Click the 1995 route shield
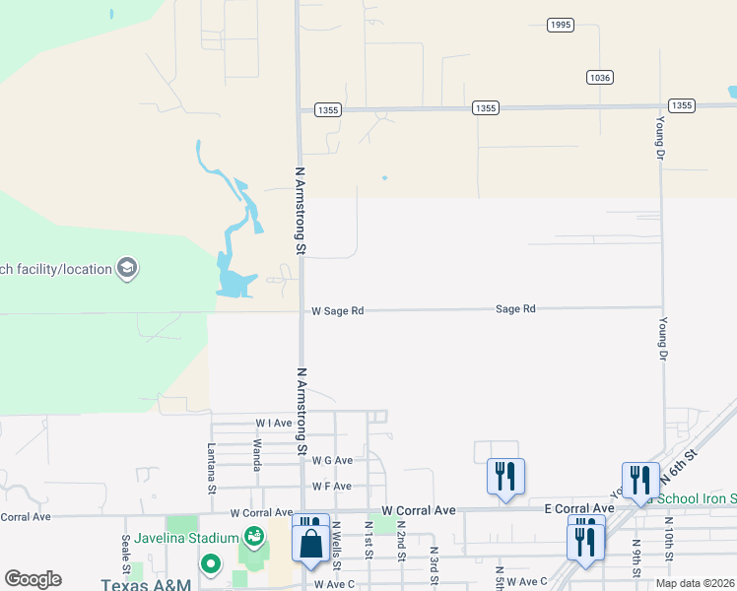[561, 25]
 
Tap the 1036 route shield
[598, 77]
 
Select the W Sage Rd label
[338, 310]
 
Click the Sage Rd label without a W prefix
[515, 309]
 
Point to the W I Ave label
[274, 423]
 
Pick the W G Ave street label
[332, 460]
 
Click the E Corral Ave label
[579, 508]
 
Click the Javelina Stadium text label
[187, 538]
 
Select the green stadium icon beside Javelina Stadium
[254, 537]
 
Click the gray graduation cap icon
[126, 268]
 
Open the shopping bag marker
[310, 543]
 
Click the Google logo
[33, 579]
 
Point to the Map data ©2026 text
[695, 583]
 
